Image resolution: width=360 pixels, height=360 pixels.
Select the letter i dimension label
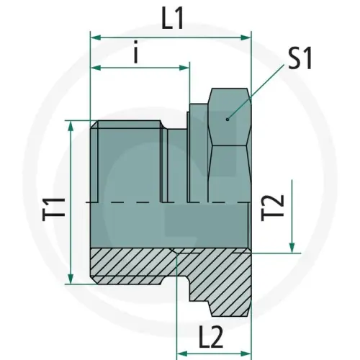(x=136, y=55)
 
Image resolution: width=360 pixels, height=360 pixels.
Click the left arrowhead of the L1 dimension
(x=94, y=34)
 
